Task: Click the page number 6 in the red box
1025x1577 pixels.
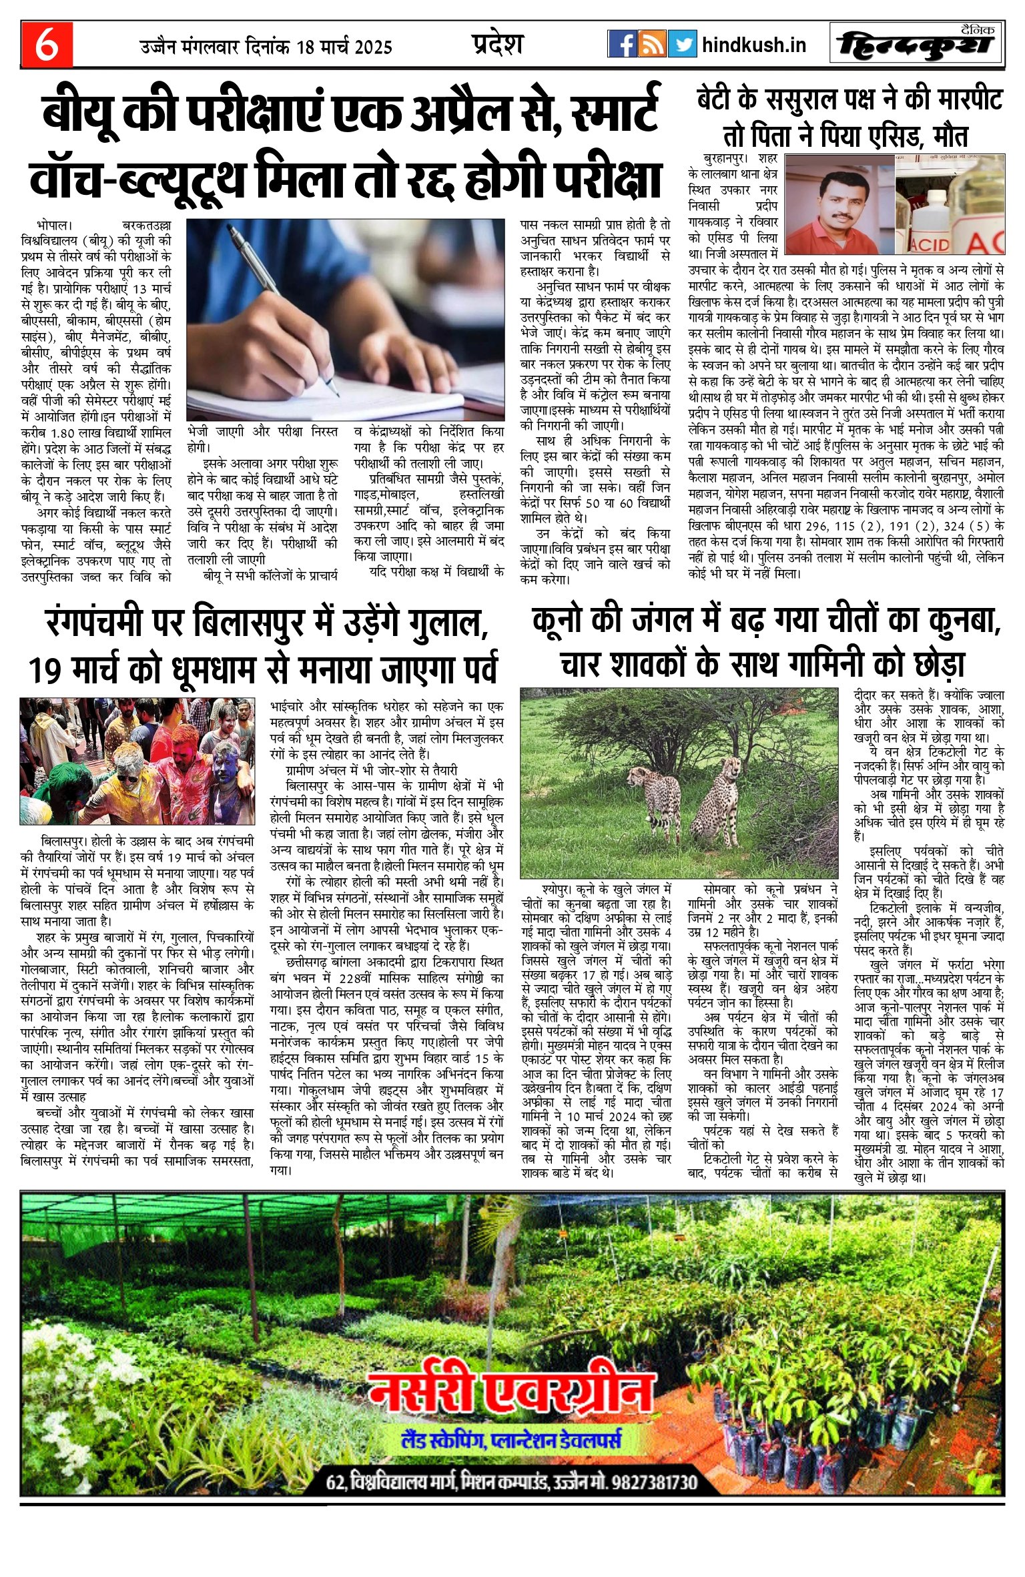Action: (x=46, y=45)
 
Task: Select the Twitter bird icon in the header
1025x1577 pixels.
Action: (x=682, y=44)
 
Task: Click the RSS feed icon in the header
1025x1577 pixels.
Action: (x=652, y=44)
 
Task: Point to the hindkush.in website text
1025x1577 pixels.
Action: (x=754, y=45)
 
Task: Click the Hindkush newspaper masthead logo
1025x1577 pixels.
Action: (x=918, y=45)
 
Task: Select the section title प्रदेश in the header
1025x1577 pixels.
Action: (x=496, y=44)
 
